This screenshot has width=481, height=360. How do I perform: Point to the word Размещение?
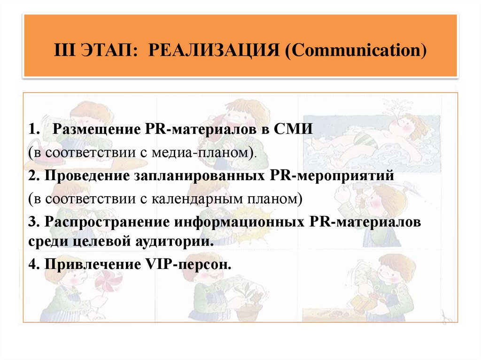(92, 129)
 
